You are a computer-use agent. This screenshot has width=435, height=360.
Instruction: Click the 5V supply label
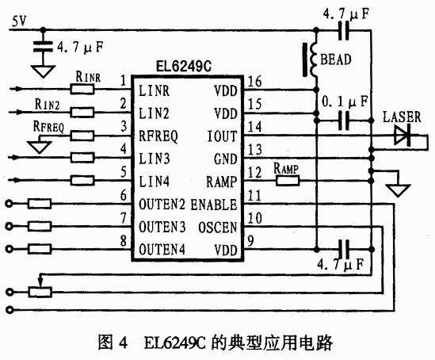click(x=19, y=21)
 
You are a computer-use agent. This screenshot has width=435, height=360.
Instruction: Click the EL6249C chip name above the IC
click(x=184, y=67)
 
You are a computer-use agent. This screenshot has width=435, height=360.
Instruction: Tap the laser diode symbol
click(x=403, y=136)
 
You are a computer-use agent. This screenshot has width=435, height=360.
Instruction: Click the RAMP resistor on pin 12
click(x=288, y=181)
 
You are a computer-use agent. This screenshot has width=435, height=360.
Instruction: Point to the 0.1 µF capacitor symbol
click(x=344, y=121)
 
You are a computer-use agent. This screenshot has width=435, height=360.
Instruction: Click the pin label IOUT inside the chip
click(x=222, y=136)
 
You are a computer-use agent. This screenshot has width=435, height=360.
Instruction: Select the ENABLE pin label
click(x=214, y=205)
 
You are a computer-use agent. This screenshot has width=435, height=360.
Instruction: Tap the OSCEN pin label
click(x=218, y=227)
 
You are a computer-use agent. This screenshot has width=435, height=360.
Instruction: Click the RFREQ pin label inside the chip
click(x=158, y=136)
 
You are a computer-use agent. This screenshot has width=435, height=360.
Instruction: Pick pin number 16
click(x=254, y=82)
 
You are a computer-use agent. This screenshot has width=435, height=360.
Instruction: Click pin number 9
click(x=250, y=240)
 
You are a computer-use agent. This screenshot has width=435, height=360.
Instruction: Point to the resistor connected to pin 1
click(x=82, y=89)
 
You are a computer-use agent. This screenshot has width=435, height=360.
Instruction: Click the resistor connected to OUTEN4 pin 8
click(x=40, y=249)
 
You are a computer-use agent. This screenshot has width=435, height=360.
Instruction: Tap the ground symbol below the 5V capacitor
click(x=43, y=71)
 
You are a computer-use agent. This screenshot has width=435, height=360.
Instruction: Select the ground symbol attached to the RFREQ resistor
click(x=40, y=147)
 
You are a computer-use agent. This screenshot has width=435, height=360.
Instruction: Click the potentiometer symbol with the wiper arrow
click(x=40, y=289)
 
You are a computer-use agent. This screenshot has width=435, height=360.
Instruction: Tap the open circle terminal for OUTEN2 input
click(x=10, y=204)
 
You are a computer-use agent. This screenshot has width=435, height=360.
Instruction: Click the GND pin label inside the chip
click(x=225, y=159)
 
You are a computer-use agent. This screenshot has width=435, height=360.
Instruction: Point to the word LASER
click(x=402, y=117)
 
